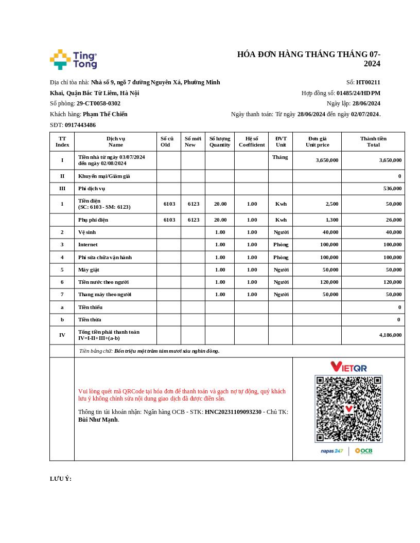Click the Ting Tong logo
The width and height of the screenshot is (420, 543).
pyautogui.click(x=73, y=60)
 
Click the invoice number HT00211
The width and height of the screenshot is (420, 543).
pyautogui.click(x=368, y=82)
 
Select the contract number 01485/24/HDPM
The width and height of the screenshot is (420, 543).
pyautogui.click(x=358, y=93)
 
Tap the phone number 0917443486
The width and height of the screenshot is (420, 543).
pyautogui.click(x=80, y=125)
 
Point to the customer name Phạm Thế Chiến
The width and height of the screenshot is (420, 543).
pyautogui.click(x=105, y=114)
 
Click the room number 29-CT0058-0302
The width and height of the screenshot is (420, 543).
pyautogui.click(x=98, y=103)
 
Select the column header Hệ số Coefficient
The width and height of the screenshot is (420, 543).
pyautogui.click(x=252, y=141)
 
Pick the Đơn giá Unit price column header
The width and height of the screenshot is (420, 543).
pyautogui.click(x=317, y=141)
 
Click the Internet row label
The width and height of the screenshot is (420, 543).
pyautogui.click(x=87, y=245)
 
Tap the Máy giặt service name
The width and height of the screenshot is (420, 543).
pyautogui.click(x=89, y=269)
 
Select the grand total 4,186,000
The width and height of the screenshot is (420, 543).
pyautogui.click(x=390, y=335)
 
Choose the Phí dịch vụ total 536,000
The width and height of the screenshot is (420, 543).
pyautogui.click(x=392, y=189)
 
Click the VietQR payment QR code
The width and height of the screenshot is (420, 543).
pyautogui.click(x=348, y=409)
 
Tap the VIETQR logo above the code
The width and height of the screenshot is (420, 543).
pyautogui.click(x=348, y=367)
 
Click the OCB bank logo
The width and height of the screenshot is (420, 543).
pyautogui.click(x=363, y=451)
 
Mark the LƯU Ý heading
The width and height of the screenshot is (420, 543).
pyautogui.click(x=61, y=479)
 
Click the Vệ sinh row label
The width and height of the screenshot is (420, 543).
pyautogui.click(x=86, y=232)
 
